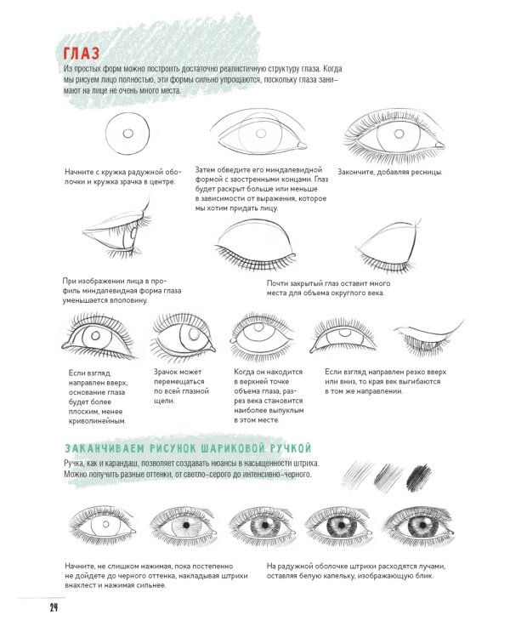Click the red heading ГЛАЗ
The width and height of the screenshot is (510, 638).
click(82, 54)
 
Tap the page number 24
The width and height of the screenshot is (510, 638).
click(54, 608)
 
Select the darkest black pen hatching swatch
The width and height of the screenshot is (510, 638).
click(419, 476)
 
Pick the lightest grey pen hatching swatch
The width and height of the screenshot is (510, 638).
click(357, 474)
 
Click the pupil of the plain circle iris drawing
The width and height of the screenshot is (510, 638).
click(128, 134)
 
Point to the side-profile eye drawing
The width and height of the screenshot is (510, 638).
click(117, 230)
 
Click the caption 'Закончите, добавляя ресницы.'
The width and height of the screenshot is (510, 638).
click(389, 172)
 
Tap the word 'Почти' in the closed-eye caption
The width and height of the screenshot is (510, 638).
click(277, 283)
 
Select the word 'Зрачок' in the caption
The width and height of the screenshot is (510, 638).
click(166, 372)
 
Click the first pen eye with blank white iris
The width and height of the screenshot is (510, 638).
click(103, 525)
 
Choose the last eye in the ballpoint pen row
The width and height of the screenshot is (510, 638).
click(419, 526)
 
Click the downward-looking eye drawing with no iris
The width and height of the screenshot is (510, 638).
click(429, 337)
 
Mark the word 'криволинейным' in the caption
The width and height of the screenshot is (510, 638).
click(97, 421)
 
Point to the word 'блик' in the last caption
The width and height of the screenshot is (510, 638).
click(425, 576)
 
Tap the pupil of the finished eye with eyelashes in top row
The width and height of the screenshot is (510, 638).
click(399, 134)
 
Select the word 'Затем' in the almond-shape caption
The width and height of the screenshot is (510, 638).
click(206, 169)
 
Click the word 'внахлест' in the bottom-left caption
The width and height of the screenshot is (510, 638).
click(81, 585)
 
